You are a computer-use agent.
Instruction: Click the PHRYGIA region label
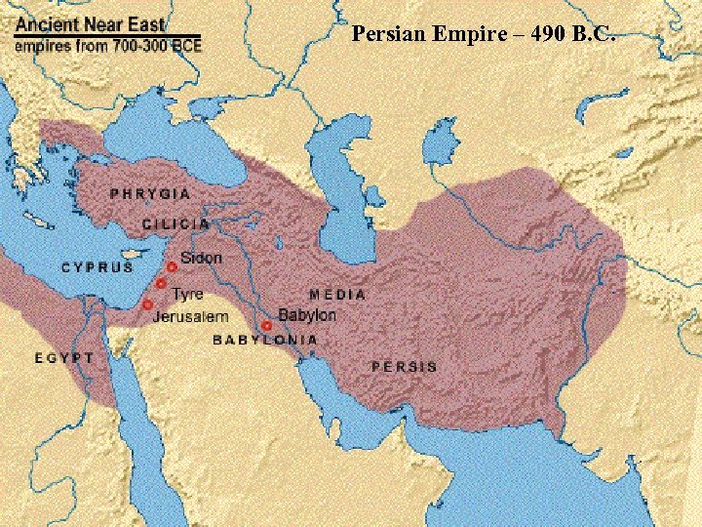coord(150,194)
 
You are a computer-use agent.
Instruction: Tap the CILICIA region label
coord(175,223)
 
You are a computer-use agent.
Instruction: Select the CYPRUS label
coord(97,266)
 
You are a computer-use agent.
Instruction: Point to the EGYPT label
coord(64,358)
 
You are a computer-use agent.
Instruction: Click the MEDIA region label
coord(337,294)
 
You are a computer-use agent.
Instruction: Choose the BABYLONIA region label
coord(265,340)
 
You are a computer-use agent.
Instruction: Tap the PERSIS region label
coord(404,367)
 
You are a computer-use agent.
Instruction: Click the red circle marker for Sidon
coord(172,265)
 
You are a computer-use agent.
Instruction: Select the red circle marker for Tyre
coord(161,284)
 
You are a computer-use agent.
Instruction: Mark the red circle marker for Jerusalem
coord(147,304)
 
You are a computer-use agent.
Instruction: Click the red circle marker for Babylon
coord(266,325)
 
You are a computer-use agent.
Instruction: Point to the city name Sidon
coord(201,259)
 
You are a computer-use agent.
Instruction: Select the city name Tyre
coord(187,294)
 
